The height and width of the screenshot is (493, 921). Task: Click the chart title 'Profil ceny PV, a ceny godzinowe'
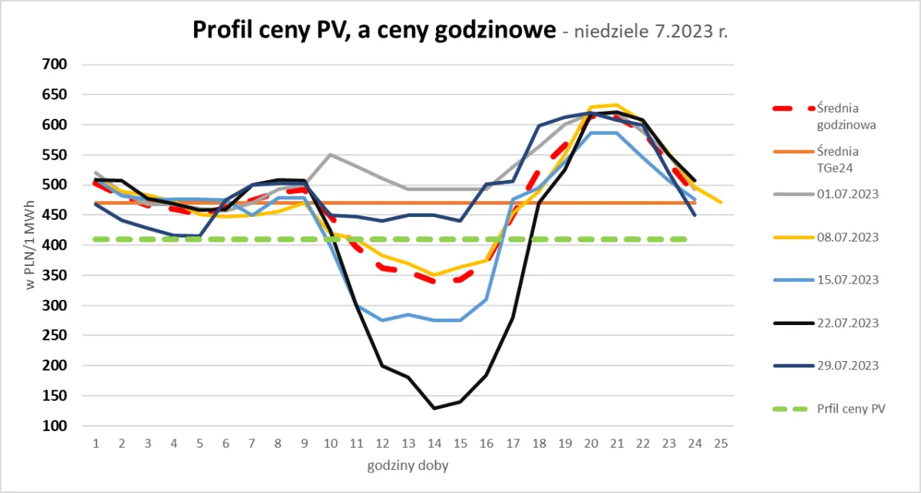[x=373, y=31]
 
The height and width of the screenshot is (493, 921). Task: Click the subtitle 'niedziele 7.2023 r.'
[x=645, y=33]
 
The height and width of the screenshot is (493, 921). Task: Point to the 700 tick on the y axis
[x=56, y=64]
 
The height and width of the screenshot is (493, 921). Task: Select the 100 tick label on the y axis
[x=56, y=426]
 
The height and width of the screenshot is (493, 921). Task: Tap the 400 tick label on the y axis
[x=56, y=245]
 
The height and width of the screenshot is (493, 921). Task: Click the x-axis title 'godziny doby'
[x=408, y=465]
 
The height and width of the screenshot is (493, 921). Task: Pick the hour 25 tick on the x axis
[x=720, y=444]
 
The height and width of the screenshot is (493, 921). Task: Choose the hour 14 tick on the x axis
[x=434, y=444]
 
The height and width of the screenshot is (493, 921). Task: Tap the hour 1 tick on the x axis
[x=96, y=444]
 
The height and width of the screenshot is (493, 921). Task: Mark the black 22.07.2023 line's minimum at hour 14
[x=434, y=408]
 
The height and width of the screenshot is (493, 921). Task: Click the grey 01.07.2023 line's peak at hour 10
[x=330, y=154]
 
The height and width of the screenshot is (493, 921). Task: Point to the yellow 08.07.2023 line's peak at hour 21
[x=616, y=104]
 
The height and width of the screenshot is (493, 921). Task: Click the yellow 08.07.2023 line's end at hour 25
[x=720, y=202]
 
